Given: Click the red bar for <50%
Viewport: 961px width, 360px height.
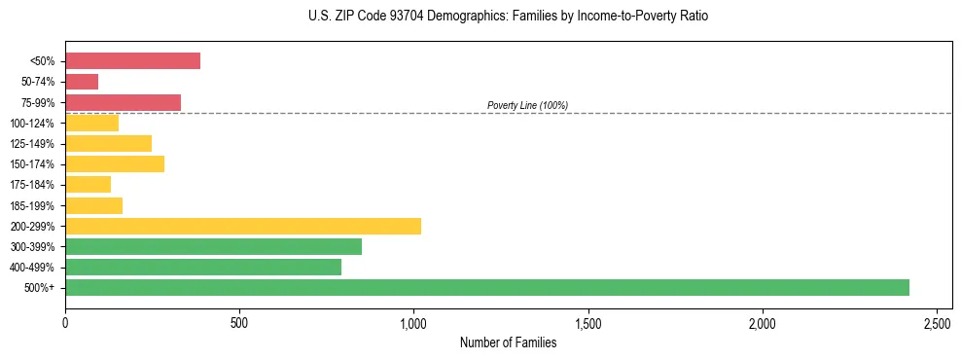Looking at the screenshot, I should tap(132, 61).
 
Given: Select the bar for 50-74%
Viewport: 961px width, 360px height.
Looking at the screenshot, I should tap(82, 82).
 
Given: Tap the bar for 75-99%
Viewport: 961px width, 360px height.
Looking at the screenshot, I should tap(123, 102).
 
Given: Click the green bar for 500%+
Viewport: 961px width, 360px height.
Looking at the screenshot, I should tap(486, 287).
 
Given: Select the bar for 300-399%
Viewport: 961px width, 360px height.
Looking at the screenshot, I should tap(213, 246).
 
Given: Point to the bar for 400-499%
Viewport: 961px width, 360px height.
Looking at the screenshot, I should tap(203, 267).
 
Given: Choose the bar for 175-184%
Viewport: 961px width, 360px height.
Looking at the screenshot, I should tap(88, 185).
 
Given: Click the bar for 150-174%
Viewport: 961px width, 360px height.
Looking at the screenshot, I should tap(115, 163).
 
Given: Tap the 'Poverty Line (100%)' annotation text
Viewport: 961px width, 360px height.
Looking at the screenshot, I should tap(527, 105).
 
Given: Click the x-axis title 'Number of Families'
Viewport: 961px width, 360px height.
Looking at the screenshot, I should tap(508, 342).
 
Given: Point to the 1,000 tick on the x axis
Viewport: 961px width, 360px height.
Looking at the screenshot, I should tap(413, 322).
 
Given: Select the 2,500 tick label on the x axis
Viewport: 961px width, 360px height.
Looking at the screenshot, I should tap(937, 322).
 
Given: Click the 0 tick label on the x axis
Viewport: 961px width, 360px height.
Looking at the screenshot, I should tap(65, 322).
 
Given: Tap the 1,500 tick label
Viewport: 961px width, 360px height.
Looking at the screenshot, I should tap(587, 322).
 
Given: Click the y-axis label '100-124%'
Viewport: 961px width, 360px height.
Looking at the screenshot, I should tap(32, 124).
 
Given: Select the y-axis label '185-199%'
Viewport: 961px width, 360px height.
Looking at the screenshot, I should tap(32, 205).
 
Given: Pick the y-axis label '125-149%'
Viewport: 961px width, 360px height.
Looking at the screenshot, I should tap(32, 144).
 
